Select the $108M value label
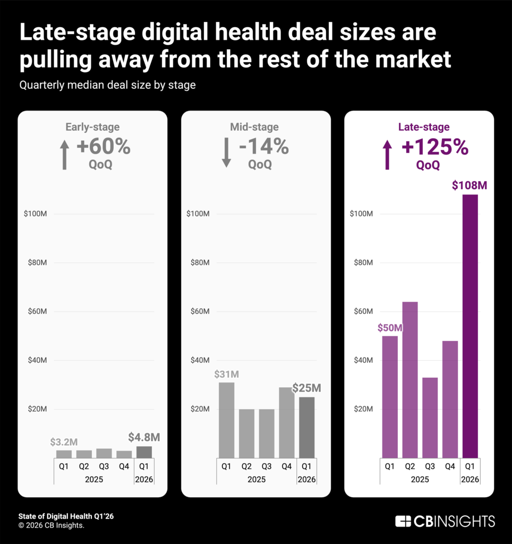point(470,186)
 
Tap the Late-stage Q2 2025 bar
point(409,379)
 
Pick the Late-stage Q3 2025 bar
point(430,417)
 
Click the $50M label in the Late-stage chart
point(390,328)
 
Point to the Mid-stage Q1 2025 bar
point(226,420)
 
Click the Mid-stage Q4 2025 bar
point(287,422)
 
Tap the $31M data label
point(227,374)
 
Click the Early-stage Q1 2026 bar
point(144,452)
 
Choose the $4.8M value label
point(144,438)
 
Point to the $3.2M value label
point(64,442)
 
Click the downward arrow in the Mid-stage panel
point(226,153)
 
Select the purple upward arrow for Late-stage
point(387,155)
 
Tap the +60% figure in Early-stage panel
point(104,147)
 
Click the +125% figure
point(435,148)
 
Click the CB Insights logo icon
point(403,521)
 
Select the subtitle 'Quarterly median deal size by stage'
point(107,85)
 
